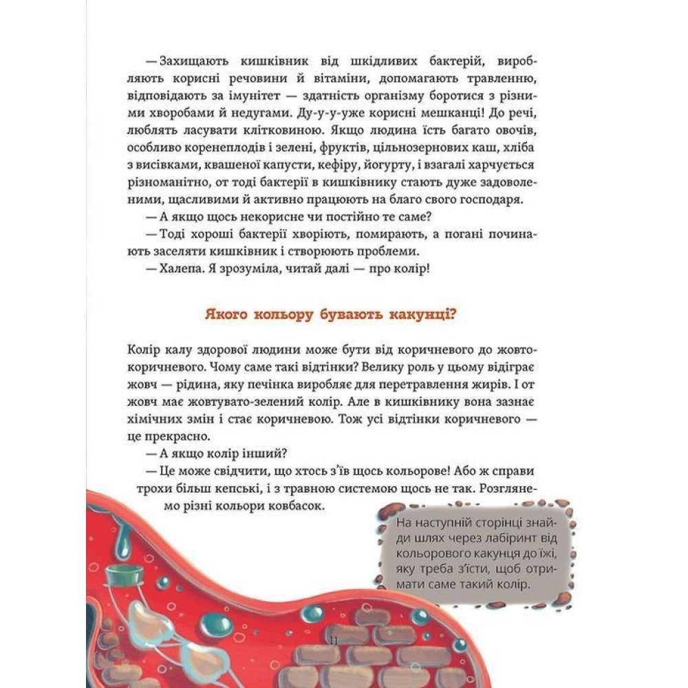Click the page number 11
(x=334, y=641)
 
